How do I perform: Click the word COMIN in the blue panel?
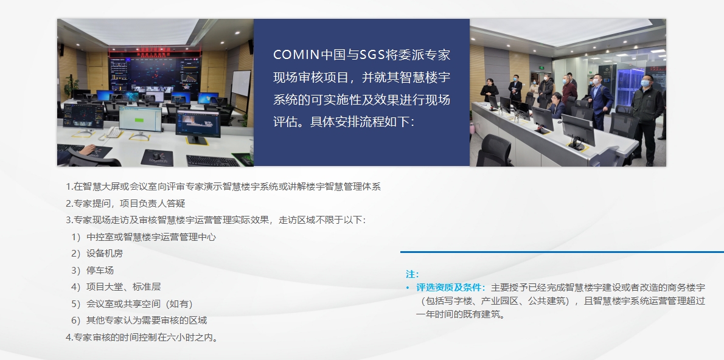coord(296,55)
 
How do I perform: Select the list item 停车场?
coord(100,270)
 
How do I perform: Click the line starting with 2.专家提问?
coord(125,203)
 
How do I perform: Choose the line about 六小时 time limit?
coord(142,337)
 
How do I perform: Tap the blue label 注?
coord(412,274)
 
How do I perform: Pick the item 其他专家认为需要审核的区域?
coord(146,320)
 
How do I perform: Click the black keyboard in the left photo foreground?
coord(212,161)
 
